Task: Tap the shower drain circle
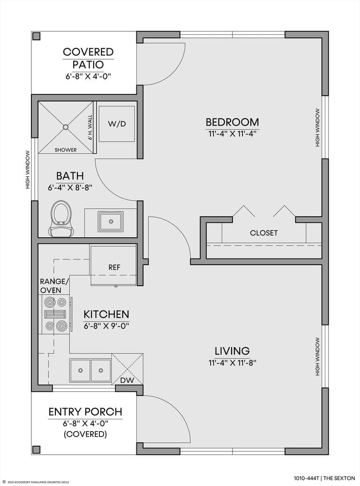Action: pyautogui.click(x=66, y=127)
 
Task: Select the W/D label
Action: pyautogui.click(x=117, y=124)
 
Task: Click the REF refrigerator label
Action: pyautogui.click(x=114, y=267)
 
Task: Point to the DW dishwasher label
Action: pyautogui.click(x=127, y=380)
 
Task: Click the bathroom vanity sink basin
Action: pyautogui.click(x=111, y=221)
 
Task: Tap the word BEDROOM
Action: pyautogui.click(x=232, y=122)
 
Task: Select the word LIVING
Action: pyautogui.click(x=232, y=351)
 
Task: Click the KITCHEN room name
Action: pyautogui.click(x=106, y=314)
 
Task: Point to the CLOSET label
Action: pyautogui.click(x=263, y=233)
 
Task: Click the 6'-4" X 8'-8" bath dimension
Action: pyautogui.click(x=70, y=188)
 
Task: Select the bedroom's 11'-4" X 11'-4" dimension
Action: pyautogui.click(x=232, y=134)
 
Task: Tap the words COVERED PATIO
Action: pyautogui.click(x=88, y=58)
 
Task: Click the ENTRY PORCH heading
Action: pyautogui.click(x=85, y=412)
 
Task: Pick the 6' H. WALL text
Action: pyautogui.click(x=90, y=128)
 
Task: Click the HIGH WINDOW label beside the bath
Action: pyautogui.click(x=28, y=169)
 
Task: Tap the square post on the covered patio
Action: pyautogui.click(x=37, y=36)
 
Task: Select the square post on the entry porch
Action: pyautogui.click(x=37, y=449)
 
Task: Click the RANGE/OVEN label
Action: pyautogui.click(x=54, y=286)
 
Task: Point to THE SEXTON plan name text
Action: pyautogui.click(x=339, y=478)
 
